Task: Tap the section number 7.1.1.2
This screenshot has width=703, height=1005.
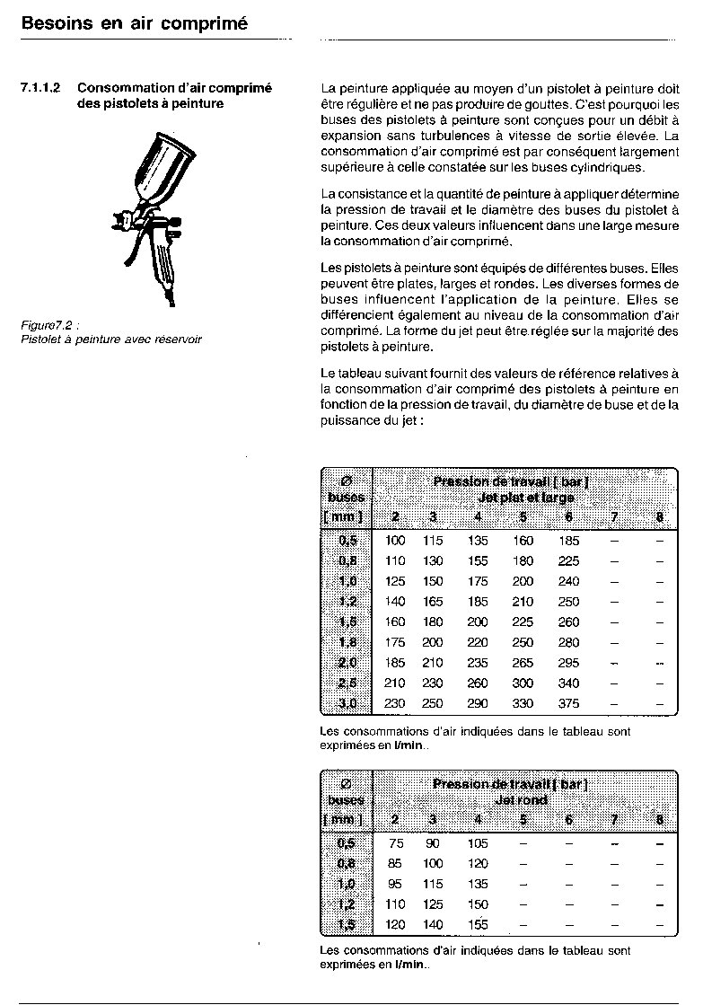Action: click(40, 88)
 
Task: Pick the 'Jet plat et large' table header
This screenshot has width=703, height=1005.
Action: click(526, 498)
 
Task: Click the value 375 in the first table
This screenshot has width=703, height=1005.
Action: click(568, 704)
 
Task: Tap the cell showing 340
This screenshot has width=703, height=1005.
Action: click(568, 683)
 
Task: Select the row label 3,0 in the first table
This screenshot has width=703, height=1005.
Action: click(347, 704)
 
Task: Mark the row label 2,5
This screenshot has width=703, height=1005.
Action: click(347, 683)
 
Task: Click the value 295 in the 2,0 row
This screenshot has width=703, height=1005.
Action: click(568, 663)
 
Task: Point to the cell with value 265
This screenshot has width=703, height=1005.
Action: click(523, 663)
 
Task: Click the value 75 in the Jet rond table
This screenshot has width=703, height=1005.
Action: click(396, 843)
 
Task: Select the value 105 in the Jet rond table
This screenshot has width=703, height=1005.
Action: click(478, 843)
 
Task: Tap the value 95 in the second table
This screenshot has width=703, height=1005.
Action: click(396, 884)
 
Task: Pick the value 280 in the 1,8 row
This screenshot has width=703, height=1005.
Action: click(568, 642)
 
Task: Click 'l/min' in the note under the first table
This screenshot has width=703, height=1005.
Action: click(409, 745)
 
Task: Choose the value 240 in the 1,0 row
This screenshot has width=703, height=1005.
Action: click(568, 581)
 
